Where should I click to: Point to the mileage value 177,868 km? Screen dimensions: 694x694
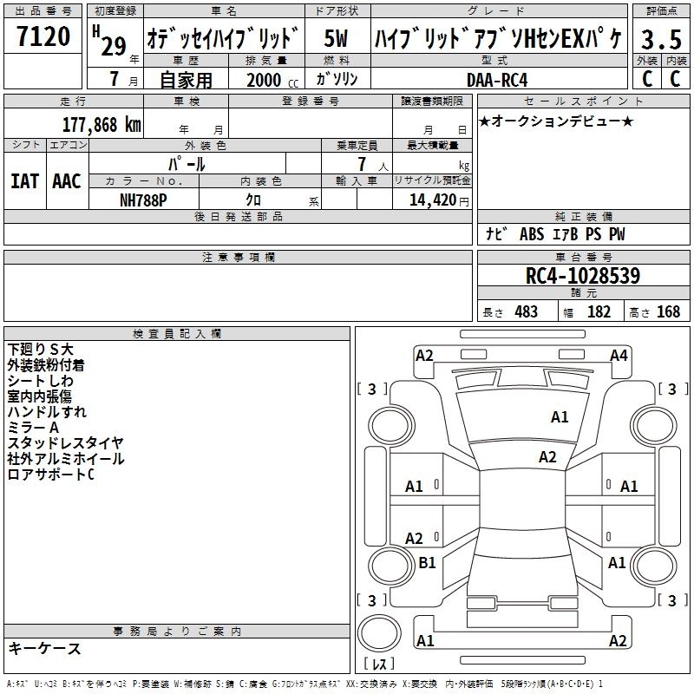tap(101, 124)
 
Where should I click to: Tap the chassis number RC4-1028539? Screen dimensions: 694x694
tap(582, 277)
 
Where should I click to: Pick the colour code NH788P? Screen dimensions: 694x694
tap(144, 198)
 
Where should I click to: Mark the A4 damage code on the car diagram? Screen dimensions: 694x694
tap(619, 355)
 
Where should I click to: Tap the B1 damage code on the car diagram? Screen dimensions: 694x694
tap(427, 563)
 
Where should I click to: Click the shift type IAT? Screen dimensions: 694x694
tap(25, 180)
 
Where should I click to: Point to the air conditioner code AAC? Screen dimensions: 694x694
tap(67, 180)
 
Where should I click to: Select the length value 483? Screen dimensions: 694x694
tap(526, 312)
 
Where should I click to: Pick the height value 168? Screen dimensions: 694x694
tap(668, 312)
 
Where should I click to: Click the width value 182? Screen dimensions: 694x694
tap(599, 312)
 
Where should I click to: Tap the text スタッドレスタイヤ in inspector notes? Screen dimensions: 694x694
tap(65, 443)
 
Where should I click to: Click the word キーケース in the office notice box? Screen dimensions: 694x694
tap(44, 649)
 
